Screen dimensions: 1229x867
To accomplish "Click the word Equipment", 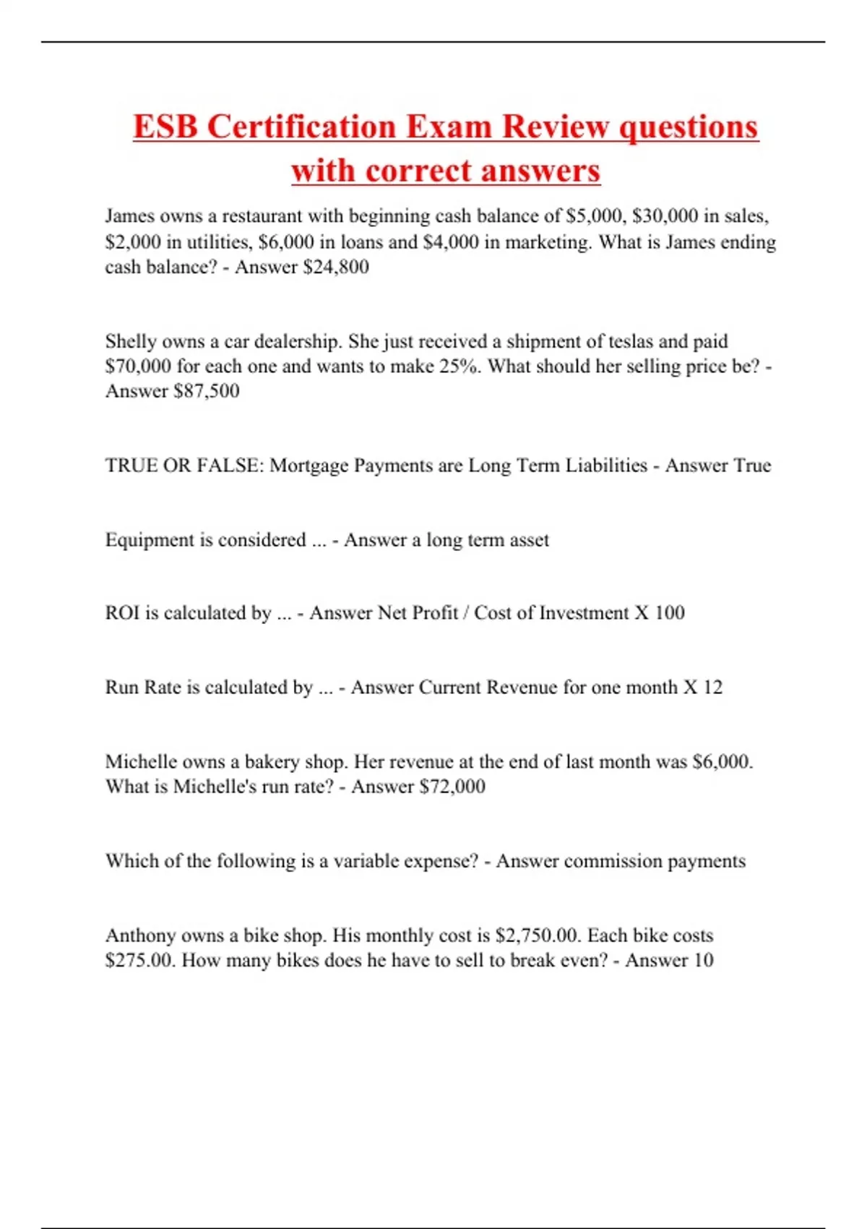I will pyautogui.click(x=147, y=540).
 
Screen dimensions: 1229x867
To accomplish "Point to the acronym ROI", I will pyautogui.click(x=122, y=613).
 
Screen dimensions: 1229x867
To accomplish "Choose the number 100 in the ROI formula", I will pyautogui.click(x=669, y=613).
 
